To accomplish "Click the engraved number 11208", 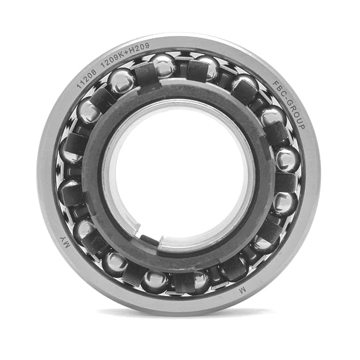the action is pyautogui.click(x=87, y=79).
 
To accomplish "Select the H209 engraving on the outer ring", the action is pyautogui.click(x=139, y=49).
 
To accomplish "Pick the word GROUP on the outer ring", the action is pyautogui.click(x=297, y=116).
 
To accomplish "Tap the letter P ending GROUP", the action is pyautogui.click(x=302, y=127).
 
